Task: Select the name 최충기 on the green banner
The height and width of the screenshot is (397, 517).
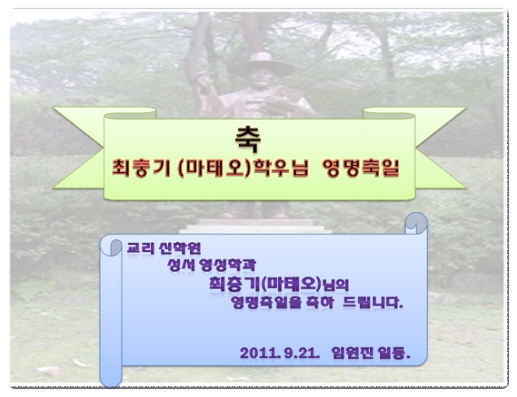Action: pos(141,168)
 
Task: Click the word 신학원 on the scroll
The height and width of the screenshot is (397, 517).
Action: pos(180,248)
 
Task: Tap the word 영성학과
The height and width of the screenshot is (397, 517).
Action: pos(228,265)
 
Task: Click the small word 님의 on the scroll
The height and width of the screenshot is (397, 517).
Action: pos(336,285)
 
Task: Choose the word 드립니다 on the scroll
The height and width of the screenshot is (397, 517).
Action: pos(373,302)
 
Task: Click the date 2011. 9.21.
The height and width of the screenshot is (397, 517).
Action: pos(280,353)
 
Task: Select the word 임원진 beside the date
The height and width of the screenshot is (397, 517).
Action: pos(352,353)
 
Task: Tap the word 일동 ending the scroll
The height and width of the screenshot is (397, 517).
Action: pos(394,353)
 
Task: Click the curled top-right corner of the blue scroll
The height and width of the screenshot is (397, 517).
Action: pos(416,223)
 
